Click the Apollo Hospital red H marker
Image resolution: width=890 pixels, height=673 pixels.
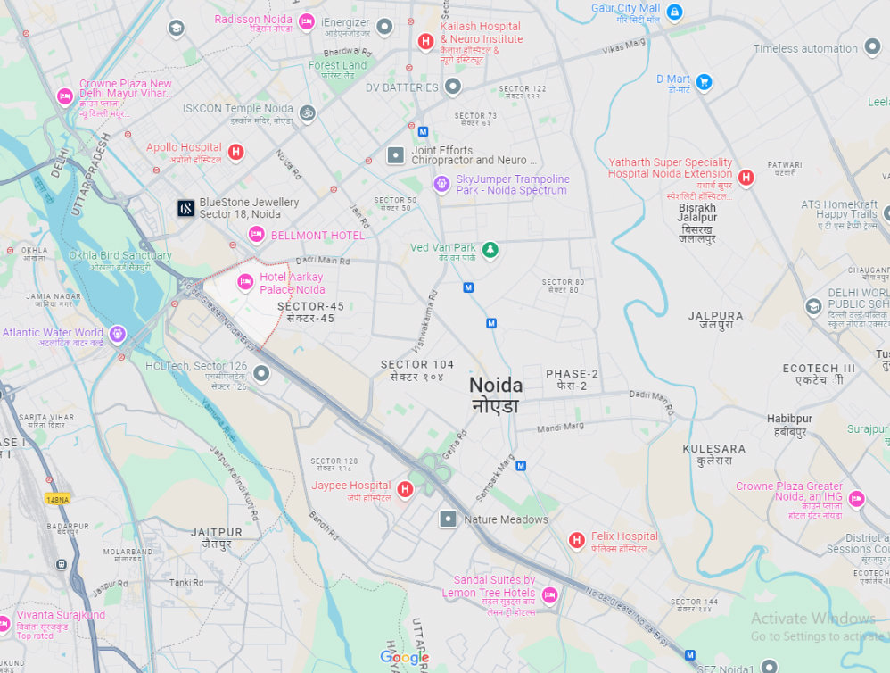pos(235,152)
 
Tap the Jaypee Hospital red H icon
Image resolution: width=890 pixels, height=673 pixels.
pos(405,489)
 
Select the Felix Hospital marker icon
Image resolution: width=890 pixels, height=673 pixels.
pos(578,540)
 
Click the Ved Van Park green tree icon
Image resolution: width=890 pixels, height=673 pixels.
pos(489,249)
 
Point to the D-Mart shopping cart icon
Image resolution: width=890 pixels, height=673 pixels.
pos(704,83)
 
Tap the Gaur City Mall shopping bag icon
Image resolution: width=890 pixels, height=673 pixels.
pos(674,12)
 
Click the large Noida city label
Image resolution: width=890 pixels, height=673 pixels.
pos(496,386)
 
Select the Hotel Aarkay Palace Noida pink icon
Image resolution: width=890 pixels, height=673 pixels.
pos(245,283)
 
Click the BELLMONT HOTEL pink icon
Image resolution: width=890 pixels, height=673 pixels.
pos(257,234)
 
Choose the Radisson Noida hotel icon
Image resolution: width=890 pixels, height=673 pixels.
pos(306,21)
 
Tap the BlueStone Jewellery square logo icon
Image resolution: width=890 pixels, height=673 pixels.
pos(185,209)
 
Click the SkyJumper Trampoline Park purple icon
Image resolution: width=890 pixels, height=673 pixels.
pos(441,184)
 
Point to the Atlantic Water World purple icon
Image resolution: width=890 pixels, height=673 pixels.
pos(117,334)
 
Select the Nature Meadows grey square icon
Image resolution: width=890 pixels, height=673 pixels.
pos(448,519)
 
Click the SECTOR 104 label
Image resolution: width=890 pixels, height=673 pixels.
pos(416,364)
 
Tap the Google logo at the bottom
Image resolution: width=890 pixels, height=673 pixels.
pos(405,658)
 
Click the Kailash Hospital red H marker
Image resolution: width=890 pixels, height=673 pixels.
pos(425,41)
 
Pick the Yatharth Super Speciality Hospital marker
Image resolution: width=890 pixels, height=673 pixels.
pos(746,178)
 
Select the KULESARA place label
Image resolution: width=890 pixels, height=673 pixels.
pos(713,449)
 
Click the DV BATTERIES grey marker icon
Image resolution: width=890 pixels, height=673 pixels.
pos(453,87)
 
